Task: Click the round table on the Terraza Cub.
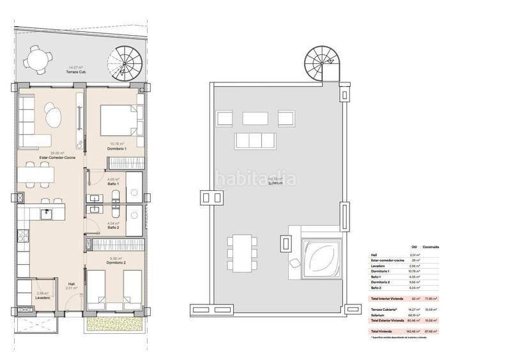tap(33, 60)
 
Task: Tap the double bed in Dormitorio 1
tap(119, 119)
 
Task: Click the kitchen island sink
tap(47, 213)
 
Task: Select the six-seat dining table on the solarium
tap(241, 252)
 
